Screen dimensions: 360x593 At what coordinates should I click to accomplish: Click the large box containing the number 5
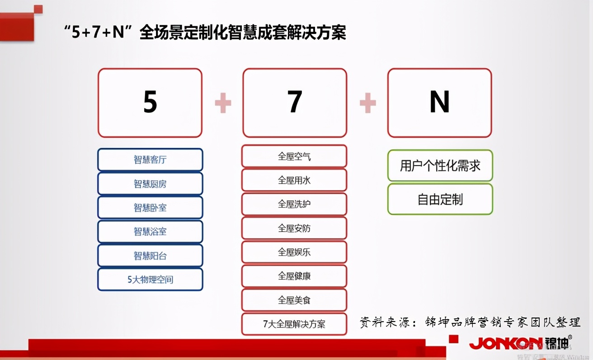click(x=150, y=103)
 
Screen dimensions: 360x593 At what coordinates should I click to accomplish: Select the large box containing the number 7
click(x=295, y=103)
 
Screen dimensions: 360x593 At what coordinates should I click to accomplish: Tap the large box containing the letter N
click(x=439, y=103)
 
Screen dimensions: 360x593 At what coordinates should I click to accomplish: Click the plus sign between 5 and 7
click(x=223, y=103)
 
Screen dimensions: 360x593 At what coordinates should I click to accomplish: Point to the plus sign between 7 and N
click(x=367, y=103)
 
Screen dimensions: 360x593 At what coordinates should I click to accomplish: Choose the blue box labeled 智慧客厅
click(x=150, y=160)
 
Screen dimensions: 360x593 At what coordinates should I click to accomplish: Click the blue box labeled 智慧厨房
click(x=150, y=184)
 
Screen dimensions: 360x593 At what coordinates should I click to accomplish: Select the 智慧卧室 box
click(x=150, y=208)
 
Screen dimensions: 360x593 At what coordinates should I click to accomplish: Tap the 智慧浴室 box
click(x=150, y=232)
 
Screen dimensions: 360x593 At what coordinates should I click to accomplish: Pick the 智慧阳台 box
click(x=150, y=256)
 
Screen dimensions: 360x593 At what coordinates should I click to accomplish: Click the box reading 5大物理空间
click(x=150, y=279)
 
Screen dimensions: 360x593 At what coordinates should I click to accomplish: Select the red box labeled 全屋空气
click(x=294, y=156)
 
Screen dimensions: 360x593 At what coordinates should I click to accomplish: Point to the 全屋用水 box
click(x=294, y=180)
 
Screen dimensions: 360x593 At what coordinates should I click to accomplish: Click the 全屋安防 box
click(x=294, y=228)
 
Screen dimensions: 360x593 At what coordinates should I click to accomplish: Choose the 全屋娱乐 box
click(x=294, y=252)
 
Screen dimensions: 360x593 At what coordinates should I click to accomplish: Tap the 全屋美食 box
click(x=294, y=300)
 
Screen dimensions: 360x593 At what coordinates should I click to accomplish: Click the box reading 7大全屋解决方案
click(x=294, y=324)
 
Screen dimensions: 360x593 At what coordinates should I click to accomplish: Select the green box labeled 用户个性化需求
click(x=440, y=166)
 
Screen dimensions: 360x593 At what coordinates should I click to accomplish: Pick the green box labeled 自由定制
click(x=440, y=199)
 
